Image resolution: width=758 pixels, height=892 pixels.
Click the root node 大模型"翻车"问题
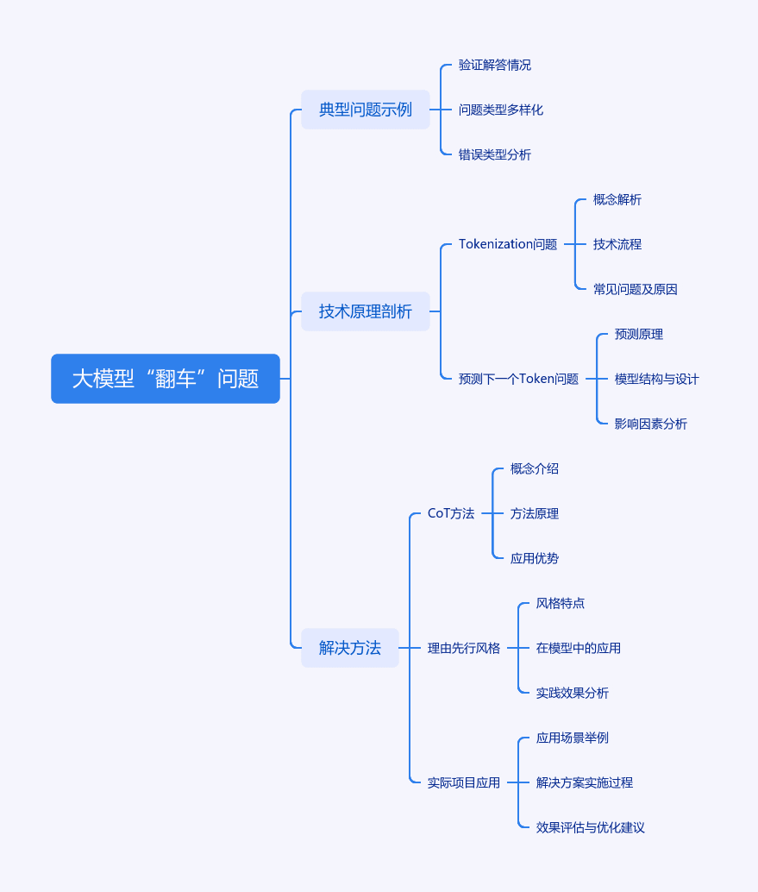pyautogui.click(x=166, y=379)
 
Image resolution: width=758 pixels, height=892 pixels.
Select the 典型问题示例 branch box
pyautogui.click(x=366, y=110)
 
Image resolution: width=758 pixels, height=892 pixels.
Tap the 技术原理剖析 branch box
pyautogui.click(x=366, y=311)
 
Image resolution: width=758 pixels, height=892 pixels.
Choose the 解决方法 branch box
pyautogui.click(x=350, y=647)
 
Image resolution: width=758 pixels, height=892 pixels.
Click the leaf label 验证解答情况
pyautogui.click(x=495, y=65)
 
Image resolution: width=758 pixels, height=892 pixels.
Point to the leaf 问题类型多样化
pyautogui.click(x=501, y=110)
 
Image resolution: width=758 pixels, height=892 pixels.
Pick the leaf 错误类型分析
pyautogui.click(x=495, y=154)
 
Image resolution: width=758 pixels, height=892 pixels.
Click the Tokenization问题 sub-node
pyautogui.click(x=508, y=244)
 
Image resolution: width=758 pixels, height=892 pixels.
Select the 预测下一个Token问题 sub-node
pyautogui.click(x=518, y=379)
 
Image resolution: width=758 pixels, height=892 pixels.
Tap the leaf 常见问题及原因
pyautogui.click(x=636, y=290)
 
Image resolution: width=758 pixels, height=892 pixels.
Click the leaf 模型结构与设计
pyautogui.click(x=657, y=379)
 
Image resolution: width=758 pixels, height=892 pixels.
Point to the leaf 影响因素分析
pyautogui.click(x=650, y=424)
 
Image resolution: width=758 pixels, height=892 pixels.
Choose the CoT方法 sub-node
pyautogui.click(x=451, y=513)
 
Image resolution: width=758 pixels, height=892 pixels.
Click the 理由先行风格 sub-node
pyautogui.click(x=463, y=648)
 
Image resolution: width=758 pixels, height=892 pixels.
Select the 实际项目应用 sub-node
pyautogui.click(x=463, y=782)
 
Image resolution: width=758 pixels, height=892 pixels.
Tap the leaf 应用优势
pyautogui.click(x=535, y=559)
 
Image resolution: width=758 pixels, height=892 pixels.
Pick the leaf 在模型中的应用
pyautogui.click(x=579, y=648)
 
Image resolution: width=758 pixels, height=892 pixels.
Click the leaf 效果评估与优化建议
pyautogui.click(x=590, y=827)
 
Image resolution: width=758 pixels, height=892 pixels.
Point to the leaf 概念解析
pyautogui.click(x=617, y=199)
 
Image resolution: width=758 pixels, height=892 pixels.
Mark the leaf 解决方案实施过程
pyautogui.click(x=584, y=782)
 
